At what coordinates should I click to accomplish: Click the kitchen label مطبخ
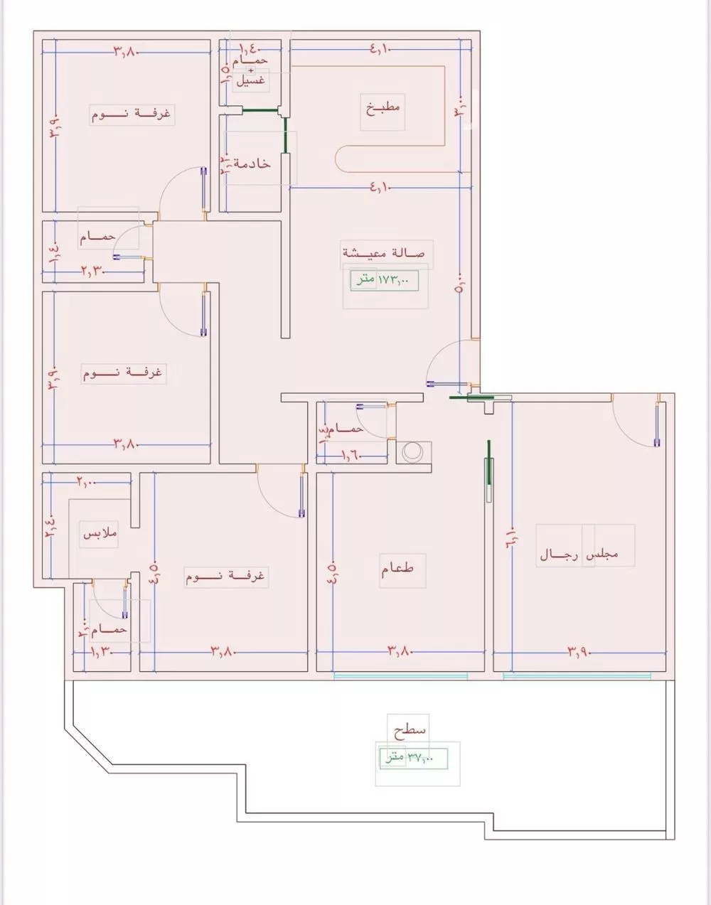point(384,108)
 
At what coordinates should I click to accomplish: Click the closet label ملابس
point(100,533)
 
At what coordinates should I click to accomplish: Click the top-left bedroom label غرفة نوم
point(132,114)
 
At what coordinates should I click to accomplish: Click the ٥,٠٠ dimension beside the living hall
point(459,284)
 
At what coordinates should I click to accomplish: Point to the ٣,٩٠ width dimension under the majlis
point(580,650)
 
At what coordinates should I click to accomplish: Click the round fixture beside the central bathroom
point(412,453)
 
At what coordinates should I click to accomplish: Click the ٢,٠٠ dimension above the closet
point(85,483)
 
